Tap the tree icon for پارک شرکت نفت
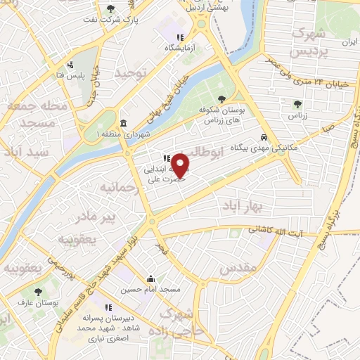pyautogui.click(x=110, y=8)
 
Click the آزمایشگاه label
pyautogui.click(x=178, y=48)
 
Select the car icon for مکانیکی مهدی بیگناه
pyautogui.click(x=263, y=138)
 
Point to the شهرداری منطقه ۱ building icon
pyautogui.click(x=123, y=124)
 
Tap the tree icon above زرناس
pyautogui.click(x=297, y=104)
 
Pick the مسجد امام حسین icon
pyautogui.click(x=150, y=278)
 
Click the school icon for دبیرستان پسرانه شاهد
pyautogui.click(x=109, y=307)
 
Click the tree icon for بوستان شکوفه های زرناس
pyautogui.click(x=222, y=99)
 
